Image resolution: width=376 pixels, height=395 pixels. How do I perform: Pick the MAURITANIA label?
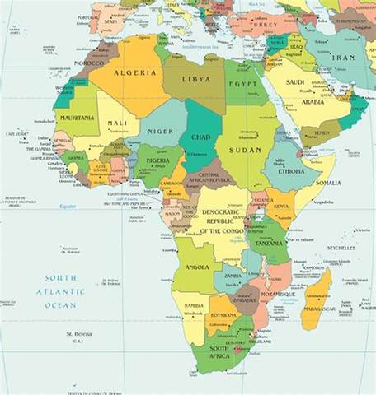click(x=76, y=118)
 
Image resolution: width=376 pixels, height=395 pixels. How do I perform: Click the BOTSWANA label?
click(x=226, y=316)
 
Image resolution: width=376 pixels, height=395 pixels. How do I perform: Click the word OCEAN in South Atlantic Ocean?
click(x=60, y=305)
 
